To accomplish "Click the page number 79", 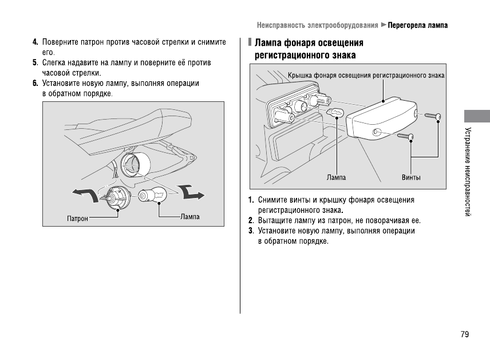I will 464,334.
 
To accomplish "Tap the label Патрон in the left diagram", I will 77,219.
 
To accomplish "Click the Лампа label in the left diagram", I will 189,217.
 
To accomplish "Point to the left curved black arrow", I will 85,195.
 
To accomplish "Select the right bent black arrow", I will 191,192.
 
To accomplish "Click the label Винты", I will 411,177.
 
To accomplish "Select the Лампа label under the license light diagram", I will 336,177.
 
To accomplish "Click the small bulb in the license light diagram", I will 335,113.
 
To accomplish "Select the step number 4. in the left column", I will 35,42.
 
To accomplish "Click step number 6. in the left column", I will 35,84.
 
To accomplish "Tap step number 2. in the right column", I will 251,220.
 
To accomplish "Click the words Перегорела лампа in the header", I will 418,25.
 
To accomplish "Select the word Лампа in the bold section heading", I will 267,43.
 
